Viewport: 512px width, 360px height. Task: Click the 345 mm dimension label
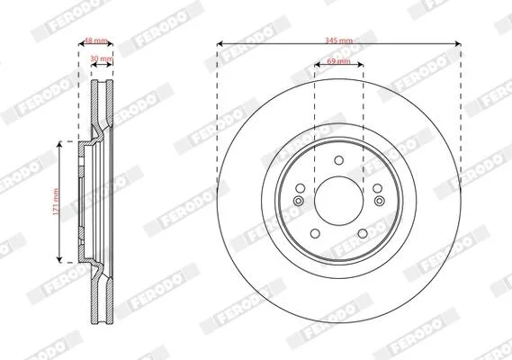338,40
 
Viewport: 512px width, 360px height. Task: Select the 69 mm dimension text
338,61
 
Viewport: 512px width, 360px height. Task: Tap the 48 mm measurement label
95,40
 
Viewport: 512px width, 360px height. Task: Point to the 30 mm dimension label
102,58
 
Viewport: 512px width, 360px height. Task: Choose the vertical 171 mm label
56,202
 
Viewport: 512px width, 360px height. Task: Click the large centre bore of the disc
339,201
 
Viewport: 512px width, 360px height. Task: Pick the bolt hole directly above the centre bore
339,160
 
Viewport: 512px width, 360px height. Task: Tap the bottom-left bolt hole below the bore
315,234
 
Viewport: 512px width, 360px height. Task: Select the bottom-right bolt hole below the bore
363,234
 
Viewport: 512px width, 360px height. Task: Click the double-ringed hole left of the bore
298,201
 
